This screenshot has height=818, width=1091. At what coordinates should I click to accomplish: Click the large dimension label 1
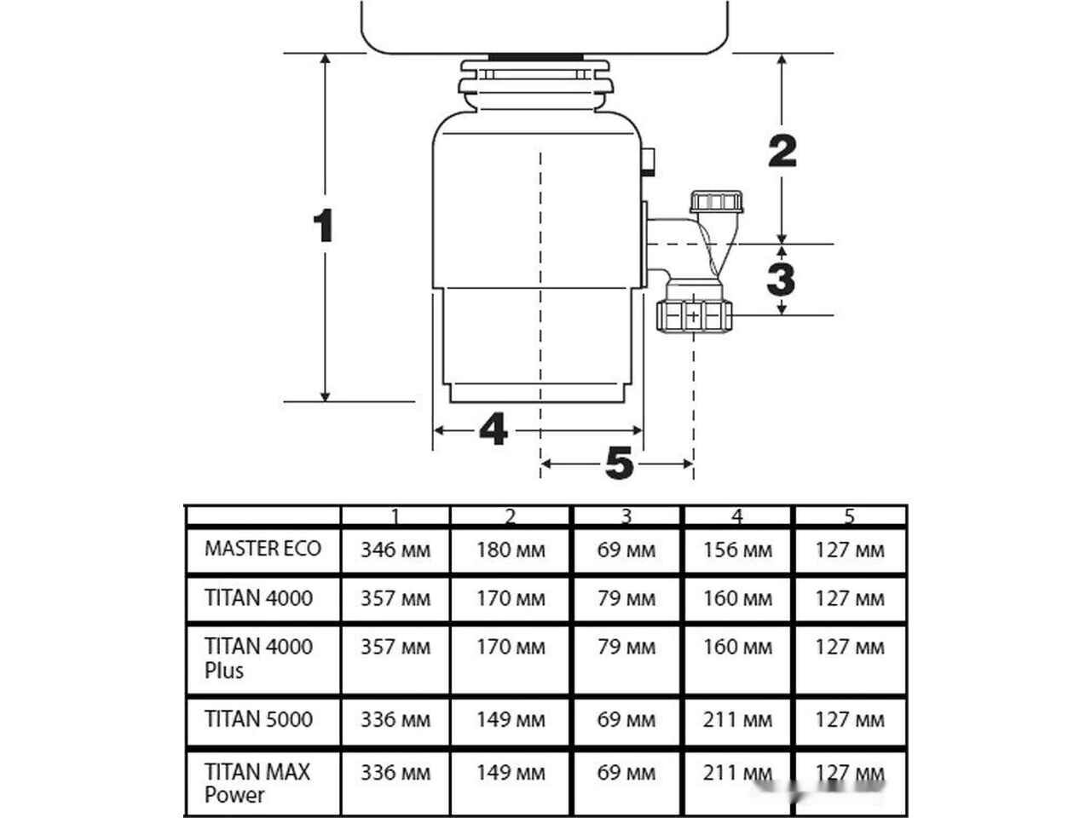[324, 226]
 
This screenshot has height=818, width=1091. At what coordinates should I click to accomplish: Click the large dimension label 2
[782, 151]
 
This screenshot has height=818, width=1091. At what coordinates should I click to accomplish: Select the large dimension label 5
[620, 463]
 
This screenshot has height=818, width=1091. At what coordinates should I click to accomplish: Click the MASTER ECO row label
[263, 549]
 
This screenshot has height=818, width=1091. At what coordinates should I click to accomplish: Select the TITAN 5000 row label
[258, 719]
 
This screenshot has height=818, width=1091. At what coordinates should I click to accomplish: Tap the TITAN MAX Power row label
[257, 783]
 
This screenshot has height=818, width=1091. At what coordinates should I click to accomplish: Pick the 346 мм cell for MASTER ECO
[395, 550]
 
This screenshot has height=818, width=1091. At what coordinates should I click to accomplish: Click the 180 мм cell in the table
[511, 550]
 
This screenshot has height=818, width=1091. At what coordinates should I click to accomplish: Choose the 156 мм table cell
[737, 550]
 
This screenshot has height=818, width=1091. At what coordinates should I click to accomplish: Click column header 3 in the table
[626, 516]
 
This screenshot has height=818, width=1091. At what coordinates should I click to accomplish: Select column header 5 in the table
[850, 516]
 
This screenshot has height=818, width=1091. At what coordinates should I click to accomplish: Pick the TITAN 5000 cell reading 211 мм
[737, 720]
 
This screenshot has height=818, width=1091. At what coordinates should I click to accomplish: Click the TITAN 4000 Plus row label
[258, 658]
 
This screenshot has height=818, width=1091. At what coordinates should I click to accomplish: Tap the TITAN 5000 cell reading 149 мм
[511, 720]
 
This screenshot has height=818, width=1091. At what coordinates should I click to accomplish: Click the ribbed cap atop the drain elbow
[716, 202]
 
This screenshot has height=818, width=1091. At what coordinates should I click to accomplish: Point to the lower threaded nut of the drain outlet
[694, 316]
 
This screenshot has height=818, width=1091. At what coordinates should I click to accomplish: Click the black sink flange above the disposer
[536, 57]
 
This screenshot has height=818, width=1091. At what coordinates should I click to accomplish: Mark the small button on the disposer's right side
[648, 161]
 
